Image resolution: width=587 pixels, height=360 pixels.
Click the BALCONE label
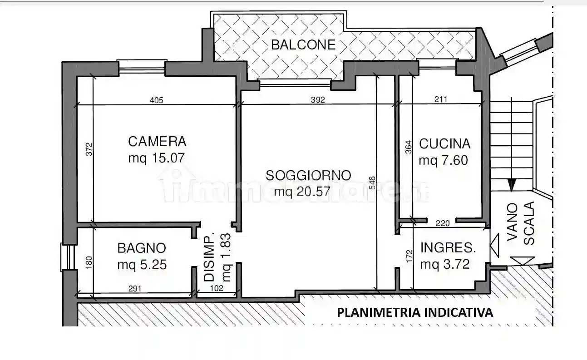click(x=303, y=44)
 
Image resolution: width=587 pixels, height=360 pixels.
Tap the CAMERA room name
click(x=157, y=142)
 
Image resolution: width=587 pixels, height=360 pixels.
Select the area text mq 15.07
click(x=157, y=159)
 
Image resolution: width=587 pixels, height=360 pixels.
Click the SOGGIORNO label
click(x=309, y=175)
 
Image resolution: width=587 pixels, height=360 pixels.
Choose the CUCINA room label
click(x=444, y=144)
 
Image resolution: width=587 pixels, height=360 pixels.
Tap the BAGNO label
click(x=142, y=248)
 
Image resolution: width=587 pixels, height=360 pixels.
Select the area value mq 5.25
click(x=142, y=264)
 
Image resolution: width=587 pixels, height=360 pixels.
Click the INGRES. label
click(x=448, y=248)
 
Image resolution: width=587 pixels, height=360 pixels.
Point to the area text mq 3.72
click(x=444, y=264)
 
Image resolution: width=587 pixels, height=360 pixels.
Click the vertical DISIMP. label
click(x=209, y=258)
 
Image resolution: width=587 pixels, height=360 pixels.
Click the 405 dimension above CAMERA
click(x=155, y=100)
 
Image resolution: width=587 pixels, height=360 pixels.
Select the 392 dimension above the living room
click(x=318, y=100)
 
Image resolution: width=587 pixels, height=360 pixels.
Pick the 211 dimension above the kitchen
click(x=440, y=100)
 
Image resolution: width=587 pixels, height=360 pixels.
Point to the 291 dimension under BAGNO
click(x=135, y=288)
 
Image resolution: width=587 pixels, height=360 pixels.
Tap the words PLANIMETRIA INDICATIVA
click(x=414, y=312)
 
